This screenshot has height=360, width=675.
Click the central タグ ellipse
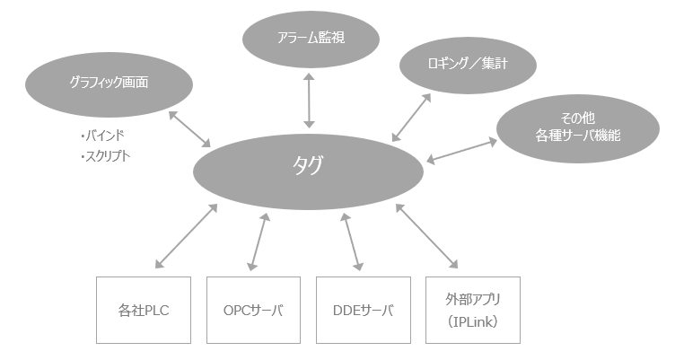tap(308, 168)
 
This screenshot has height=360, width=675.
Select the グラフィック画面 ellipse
tap(109, 83)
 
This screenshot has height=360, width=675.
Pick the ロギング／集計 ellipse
tap(468, 65)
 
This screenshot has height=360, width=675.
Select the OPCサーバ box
tap(253, 311)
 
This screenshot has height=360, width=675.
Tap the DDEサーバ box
tap(364, 311)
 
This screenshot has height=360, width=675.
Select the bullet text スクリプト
tap(105, 154)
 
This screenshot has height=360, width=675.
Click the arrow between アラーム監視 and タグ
tap(311, 101)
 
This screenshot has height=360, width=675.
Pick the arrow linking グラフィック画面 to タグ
tap(189, 127)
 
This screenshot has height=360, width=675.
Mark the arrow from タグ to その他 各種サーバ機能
tap(461, 150)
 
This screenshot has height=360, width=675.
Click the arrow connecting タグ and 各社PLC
tap(187, 236)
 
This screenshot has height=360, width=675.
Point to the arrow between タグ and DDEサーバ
tap(353, 241)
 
